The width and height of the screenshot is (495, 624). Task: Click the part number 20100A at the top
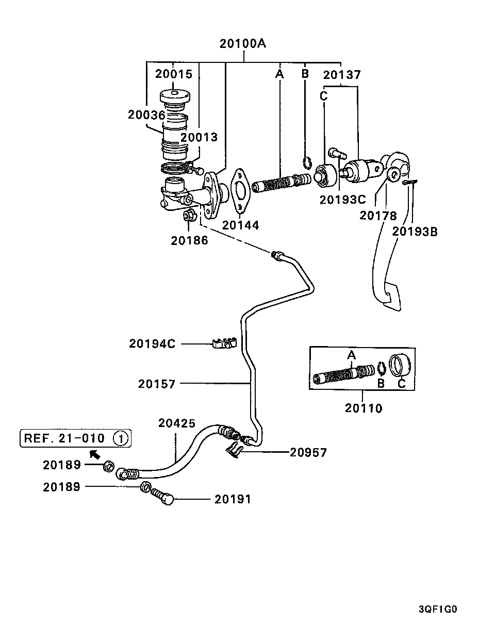(x=243, y=43)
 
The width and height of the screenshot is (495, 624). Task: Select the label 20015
(x=174, y=74)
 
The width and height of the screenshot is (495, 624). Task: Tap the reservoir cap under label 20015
(x=175, y=97)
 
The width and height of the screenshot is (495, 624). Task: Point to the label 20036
(x=146, y=114)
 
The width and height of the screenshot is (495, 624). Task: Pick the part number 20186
(x=190, y=240)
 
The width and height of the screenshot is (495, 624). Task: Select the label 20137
(x=342, y=75)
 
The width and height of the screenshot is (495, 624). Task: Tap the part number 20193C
(x=341, y=199)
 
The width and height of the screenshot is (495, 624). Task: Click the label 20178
(x=378, y=215)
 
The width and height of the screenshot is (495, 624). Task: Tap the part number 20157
(x=157, y=384)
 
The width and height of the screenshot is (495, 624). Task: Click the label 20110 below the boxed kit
(x=364, y=408)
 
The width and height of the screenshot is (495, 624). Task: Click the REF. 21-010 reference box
(x=75, y=438)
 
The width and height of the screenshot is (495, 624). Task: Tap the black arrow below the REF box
(x=94, y=454)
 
